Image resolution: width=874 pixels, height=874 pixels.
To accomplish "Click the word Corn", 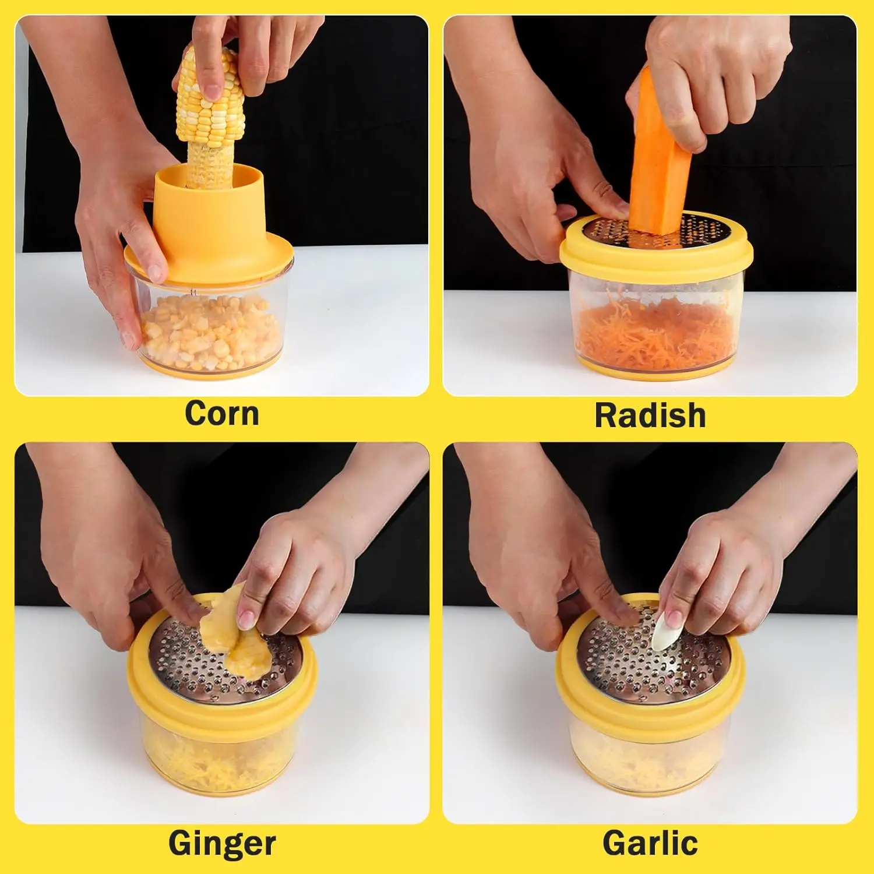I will (222, 414).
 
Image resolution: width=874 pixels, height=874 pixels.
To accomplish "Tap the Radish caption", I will (650, 415).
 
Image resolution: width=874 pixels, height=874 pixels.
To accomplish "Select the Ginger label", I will (222, 843).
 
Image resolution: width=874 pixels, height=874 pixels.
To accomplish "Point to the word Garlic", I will (650, 843).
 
